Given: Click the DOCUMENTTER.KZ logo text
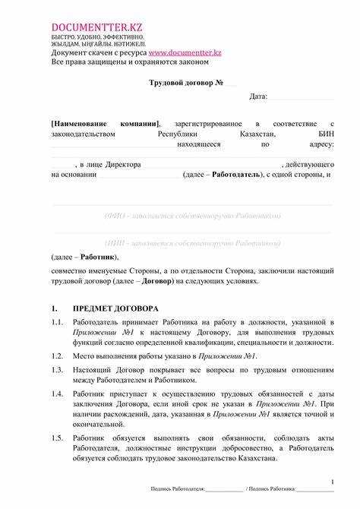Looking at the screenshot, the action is (x=96, y=28).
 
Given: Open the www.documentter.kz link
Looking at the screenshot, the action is (x=185, y=52).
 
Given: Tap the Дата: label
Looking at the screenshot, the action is (x=259, y=96).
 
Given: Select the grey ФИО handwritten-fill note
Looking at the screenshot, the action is (x=192, y=216).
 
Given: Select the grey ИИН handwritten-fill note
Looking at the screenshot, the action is (x=192, y=243).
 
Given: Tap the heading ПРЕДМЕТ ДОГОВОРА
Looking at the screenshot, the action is (x=115, y=309).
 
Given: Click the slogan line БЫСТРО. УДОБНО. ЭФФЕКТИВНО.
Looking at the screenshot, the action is (x=97, y=37).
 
